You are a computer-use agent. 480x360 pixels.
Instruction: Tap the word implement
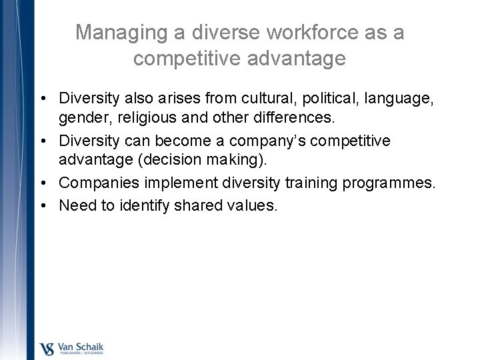tap(170, 183)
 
